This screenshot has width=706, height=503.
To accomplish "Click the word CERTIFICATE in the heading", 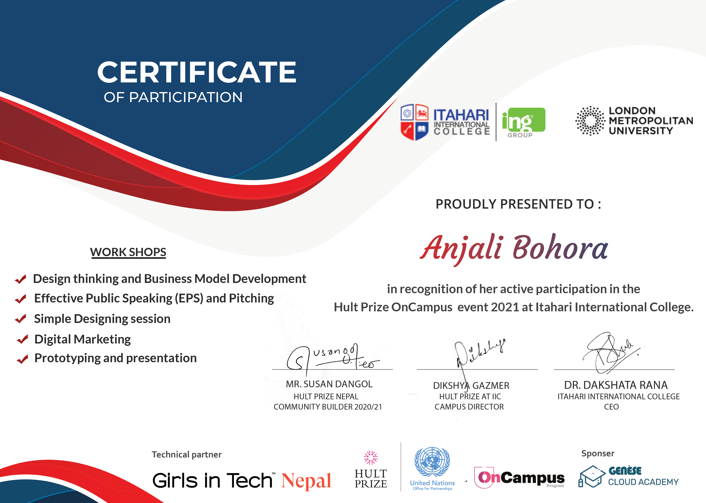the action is [197, 72].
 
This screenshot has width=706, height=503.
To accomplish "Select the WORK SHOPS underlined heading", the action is [128, 252].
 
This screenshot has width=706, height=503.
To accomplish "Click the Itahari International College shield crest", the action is [414, 122].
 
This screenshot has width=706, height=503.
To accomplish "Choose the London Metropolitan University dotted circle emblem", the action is [590, 121].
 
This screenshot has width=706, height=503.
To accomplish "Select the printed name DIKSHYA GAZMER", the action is [471, 386].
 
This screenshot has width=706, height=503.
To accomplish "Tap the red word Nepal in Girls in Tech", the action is [306, 481].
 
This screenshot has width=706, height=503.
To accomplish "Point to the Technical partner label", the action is [187, 454].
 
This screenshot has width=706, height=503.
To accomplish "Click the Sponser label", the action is [598, 454].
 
